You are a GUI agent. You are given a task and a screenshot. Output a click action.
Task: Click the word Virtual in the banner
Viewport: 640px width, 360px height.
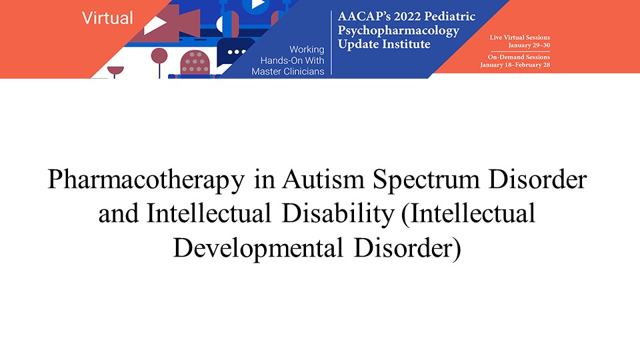[x=107, y=18]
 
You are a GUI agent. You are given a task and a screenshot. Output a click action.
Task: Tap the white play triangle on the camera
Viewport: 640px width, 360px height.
[x=155, y=25]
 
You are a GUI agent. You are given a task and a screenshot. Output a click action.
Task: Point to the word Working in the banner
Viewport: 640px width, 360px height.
[x=307, y=49]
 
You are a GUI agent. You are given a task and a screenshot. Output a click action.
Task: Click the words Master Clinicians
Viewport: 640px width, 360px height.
[x=288, y=71]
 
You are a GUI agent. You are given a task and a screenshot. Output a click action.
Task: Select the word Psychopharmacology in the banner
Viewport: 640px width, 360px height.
[x=399, y=31]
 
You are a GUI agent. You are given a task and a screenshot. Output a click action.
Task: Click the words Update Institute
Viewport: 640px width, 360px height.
[x=384, y=44]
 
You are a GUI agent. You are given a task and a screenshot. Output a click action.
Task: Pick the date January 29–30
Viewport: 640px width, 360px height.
[x=529, y=45]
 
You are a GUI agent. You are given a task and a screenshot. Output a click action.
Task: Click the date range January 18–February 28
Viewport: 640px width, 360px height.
[x=515, y=65]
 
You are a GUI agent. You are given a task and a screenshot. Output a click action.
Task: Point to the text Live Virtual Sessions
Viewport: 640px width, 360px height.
[x=519, y=37]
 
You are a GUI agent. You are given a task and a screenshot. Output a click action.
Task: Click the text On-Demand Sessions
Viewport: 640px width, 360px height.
[x=519, y=57]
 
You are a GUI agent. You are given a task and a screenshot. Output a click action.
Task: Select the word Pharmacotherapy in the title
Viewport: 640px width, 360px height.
[x=146, y=179]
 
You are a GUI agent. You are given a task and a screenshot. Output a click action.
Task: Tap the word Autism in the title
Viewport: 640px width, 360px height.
[x=323, y=179]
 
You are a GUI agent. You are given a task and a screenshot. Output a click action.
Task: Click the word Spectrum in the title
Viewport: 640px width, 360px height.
[x=426, y=179]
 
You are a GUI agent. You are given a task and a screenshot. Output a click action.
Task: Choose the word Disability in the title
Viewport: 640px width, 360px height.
[x=338, y=214]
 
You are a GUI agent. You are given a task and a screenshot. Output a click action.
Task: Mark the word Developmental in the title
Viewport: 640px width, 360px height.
[x=258, y=249]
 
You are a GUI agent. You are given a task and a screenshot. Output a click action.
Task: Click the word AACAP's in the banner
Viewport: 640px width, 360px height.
[x=359, y=16]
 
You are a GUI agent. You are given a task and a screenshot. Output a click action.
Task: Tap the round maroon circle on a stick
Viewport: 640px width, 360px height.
[x=159, y=55]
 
